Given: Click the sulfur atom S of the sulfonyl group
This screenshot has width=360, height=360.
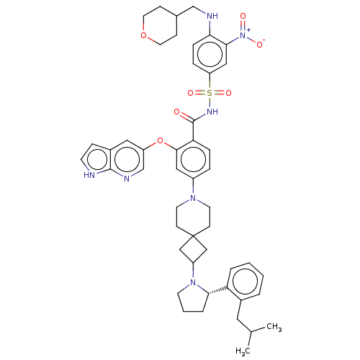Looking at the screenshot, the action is coord(210,93).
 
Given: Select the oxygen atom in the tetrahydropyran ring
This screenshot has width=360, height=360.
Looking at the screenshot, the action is coord(143,35).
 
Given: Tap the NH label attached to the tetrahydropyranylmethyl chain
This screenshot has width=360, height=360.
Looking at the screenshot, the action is coord(212,16).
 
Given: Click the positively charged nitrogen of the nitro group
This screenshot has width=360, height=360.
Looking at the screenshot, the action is coord(243,35).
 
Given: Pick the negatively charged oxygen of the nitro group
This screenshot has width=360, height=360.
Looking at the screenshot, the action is coord(260,44).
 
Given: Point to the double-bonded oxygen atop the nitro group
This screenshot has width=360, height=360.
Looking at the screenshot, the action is coord(243,16).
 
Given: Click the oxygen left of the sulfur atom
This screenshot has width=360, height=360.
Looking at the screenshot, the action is coord(190,93).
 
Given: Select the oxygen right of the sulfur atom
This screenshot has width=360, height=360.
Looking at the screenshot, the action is coord(228,93).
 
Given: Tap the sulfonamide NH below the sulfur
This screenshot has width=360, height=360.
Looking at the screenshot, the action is coord(212,112).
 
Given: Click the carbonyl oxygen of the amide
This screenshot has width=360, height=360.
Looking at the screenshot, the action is coord(176,112).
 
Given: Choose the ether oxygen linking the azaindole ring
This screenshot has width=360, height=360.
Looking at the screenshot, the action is coord(160,140).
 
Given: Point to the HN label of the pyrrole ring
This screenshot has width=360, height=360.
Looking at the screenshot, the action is coord(89,175).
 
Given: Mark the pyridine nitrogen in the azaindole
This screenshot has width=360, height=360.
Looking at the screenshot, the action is coord(127,179).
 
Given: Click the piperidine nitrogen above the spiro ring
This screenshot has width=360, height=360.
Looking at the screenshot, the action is coord(193,198).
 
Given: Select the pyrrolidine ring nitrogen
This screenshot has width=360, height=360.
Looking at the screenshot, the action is coord(193,282).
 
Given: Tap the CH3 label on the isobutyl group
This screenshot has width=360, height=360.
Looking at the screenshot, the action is coord(274,327).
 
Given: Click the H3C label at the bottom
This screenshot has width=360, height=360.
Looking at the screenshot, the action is coord(243,351).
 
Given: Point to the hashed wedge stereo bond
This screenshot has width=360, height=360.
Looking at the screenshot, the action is coord(217,290).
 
